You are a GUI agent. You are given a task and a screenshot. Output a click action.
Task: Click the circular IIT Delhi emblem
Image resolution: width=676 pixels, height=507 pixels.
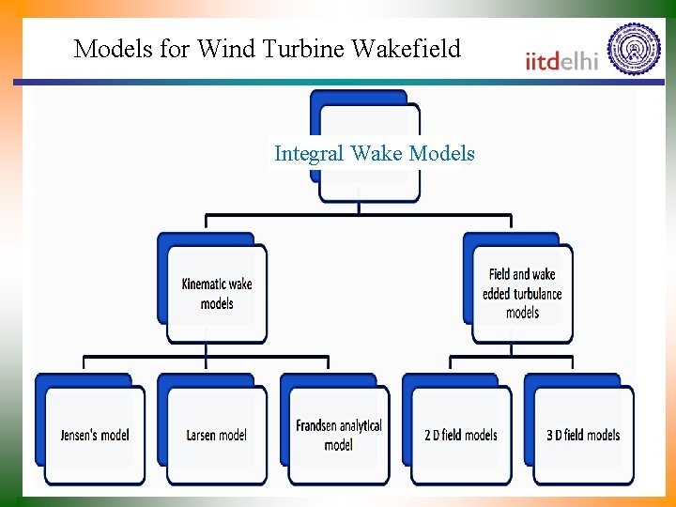(x=634, y=49)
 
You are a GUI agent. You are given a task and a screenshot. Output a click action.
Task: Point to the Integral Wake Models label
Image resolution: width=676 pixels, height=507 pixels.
(x=375, y=153)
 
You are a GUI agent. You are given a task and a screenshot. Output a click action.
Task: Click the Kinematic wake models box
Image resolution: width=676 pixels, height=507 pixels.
(x=217, y=293)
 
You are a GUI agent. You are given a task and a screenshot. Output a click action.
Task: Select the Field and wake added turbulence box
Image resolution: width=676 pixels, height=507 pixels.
(x=522, y=293)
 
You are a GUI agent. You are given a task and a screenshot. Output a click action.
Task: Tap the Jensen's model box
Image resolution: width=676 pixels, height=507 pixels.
(x=95, y=435)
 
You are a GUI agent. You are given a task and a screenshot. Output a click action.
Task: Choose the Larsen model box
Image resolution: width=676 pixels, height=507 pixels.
(x=217, y=435)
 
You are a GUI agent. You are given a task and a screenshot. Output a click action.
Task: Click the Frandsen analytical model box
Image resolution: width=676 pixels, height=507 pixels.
(x=339, y=435)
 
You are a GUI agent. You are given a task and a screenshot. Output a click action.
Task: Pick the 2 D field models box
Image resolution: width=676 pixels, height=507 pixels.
(x=461, y=435)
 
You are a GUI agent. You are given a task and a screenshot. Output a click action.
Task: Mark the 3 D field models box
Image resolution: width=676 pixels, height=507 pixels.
(x=583, y=435)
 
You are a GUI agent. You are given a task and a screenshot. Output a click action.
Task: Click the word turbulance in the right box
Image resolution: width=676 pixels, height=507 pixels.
(x=538, y=294)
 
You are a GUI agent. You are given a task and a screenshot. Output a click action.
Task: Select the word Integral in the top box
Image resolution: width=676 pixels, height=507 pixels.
(x=309, y=153)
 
